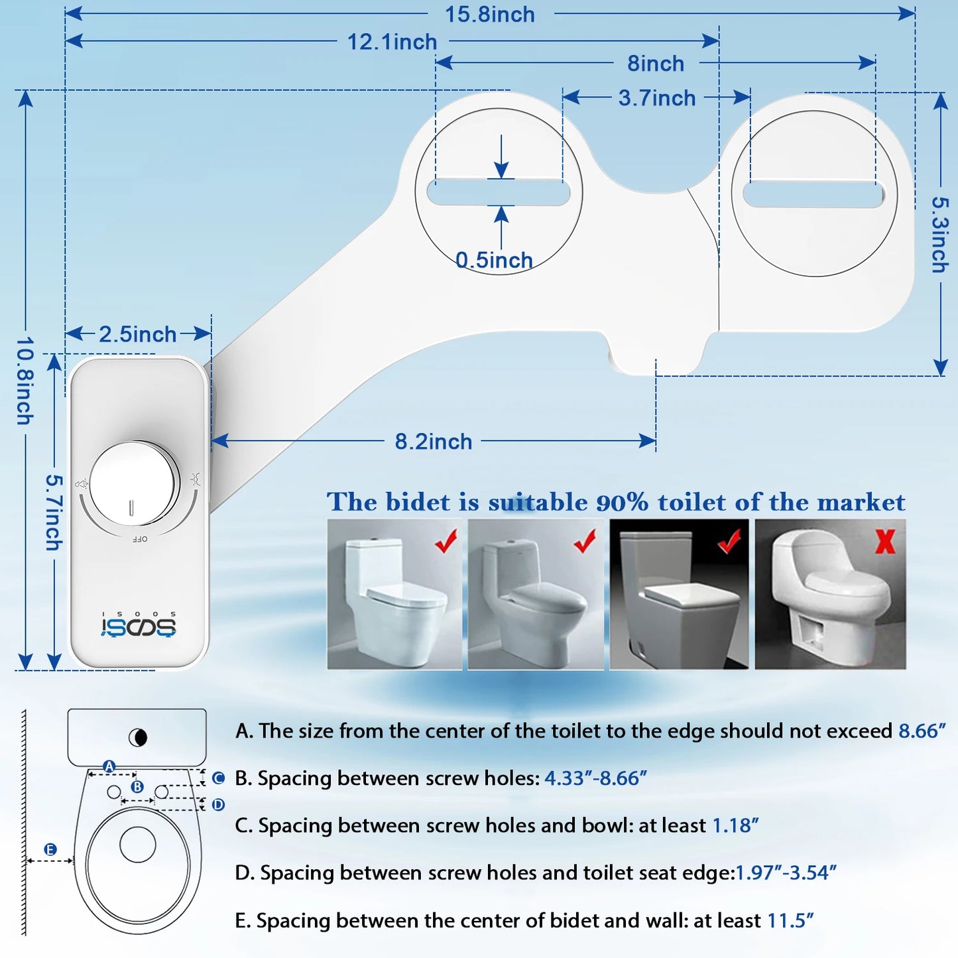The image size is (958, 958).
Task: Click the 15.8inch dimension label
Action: coord(489,15)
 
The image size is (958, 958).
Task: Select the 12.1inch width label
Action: coord(392,42)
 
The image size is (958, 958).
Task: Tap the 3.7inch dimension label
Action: coord(656,98)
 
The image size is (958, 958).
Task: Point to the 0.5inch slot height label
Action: coord(494,261)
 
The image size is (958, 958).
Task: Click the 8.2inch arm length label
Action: coord(433,442)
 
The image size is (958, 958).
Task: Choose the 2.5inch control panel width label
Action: coord(138,334)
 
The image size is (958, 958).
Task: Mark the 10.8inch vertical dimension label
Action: coord(25,381)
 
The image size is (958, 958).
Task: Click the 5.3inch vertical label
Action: coord(939,235)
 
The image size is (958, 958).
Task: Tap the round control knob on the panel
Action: coord(134,483)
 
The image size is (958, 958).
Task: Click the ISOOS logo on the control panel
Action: coord(139,626)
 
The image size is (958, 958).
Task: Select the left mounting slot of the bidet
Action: coord(499,192)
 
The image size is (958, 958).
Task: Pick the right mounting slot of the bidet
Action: coord(813,194)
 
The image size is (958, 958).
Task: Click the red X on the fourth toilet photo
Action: coord(885,541)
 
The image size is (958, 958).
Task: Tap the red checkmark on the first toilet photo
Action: coord(446,541)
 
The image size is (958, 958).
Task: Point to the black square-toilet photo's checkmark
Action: coord(729,542)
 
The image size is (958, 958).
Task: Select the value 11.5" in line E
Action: coord(790,921)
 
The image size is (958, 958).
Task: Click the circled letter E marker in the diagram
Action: coord(50,849)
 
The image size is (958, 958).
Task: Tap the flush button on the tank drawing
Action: coord(137,737)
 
